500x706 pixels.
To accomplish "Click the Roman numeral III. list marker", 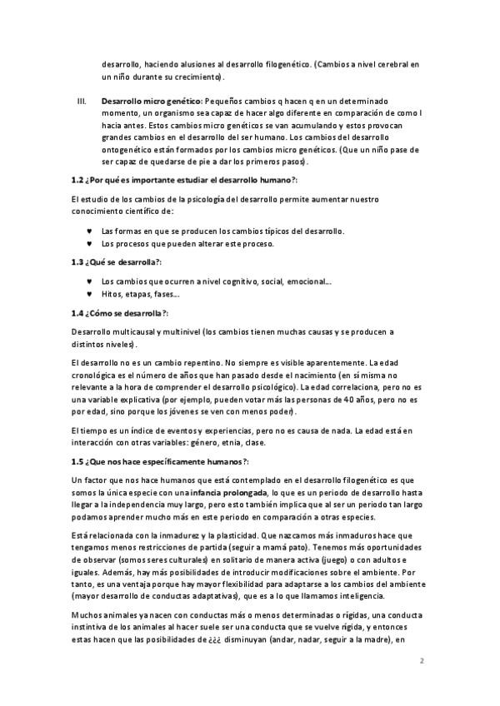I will coord(81,100).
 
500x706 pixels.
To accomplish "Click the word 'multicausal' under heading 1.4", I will coord(131,332).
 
